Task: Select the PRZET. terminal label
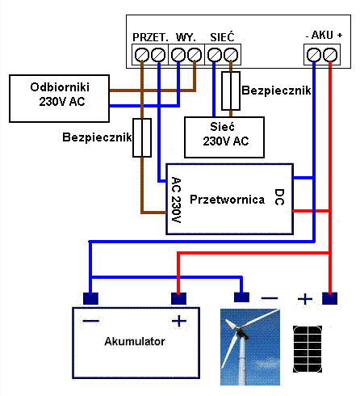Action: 150,37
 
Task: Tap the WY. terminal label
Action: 186,37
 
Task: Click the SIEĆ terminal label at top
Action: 222,37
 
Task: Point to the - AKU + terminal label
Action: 324,36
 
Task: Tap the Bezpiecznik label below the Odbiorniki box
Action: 96,137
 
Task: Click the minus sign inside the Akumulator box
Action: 90,321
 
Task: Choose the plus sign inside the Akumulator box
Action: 178,321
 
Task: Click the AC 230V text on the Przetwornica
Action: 176,198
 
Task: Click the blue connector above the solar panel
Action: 329,297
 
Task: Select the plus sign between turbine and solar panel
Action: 304,299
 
